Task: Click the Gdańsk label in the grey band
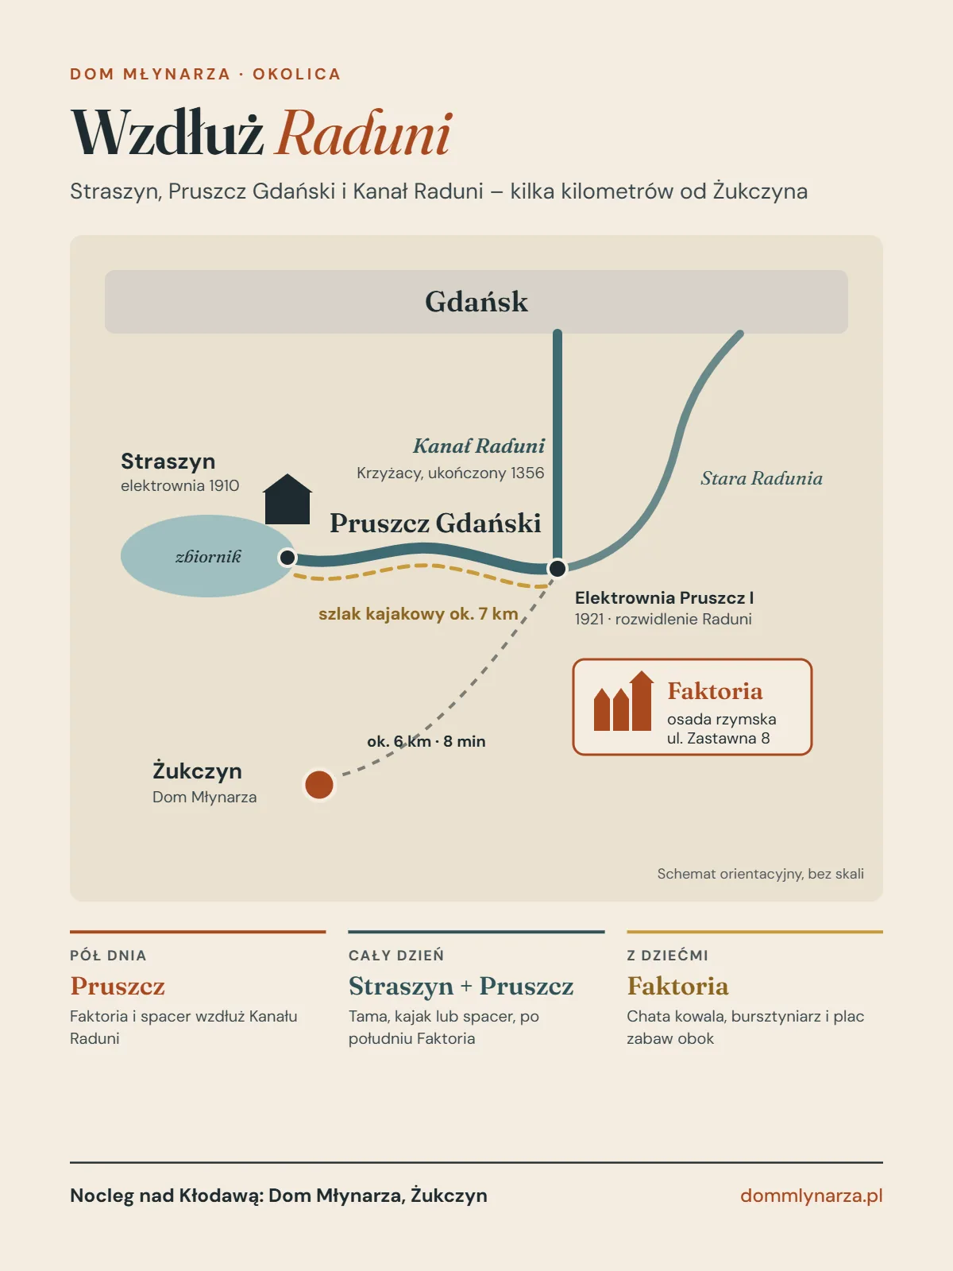pyautogui.click(x=476, y=302)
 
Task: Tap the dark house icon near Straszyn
pyautogui.click(x=287, y=499)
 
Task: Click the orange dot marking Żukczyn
pyautogui.click(x=318, y=785)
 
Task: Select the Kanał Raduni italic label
pyautogui.click(x=479, y=446)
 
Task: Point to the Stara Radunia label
pyautogui.click(x=762, y=478)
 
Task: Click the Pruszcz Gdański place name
pyautogui.click(x=435, y=523)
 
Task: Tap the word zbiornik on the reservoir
pyautogui.click(x=208, y=557)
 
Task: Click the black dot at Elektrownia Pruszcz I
pyautogui.click(x=558, y=568)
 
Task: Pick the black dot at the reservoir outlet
pyautogui.click(x=287, y=558)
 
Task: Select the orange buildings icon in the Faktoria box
pyautogui.click(x=623, y=701)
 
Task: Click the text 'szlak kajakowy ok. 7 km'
pyautogui.click(x=419, y=614)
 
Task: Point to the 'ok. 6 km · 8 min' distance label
pyautogui.click(x=426, y=741)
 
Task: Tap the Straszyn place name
pyautogui.click(x=168, y=462)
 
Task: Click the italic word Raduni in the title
pyautogui.click(x=364, y=133)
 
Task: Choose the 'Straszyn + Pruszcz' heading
pyautogui.click(x=461, y=986)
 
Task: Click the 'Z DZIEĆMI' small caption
pyautogui.click(x=667, y=956)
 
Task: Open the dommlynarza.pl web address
pyautogui.click(x=811, y=1196)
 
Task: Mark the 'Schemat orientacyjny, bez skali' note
pyautogui.click(x=760, y=874)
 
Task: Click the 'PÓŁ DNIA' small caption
pyautogui.click(x=108, y=956)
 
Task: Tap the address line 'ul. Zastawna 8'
pyautogui.click(x=718, y=738)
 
